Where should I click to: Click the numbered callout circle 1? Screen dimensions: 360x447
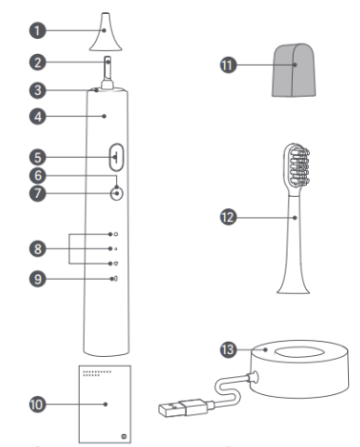(x=37, y=31)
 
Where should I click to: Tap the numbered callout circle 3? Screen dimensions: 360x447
(x=37, y=90)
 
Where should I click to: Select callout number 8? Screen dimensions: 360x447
(x=37, y=249)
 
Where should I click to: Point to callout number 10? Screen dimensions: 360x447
(x=37, y=404)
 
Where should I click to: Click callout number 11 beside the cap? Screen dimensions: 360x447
(x=228, y=65)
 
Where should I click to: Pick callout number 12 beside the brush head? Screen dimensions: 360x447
(x=228, y=217)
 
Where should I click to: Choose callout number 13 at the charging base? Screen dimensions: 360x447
(x=228, y=349)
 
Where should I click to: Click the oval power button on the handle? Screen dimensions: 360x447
(x=116, y=157)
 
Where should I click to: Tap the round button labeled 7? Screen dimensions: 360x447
(x=116, y=193)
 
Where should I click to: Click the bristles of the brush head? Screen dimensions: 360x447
(x=300, y=165)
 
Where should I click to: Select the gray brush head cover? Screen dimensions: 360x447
(x=294, y=70)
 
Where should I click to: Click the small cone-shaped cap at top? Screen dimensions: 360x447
(x=105, y=32)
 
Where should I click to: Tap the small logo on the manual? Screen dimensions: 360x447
(x=124, y=437)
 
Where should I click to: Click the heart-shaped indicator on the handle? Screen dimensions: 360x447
(x=116, y=264)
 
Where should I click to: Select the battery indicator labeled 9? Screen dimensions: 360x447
(x=115, y=279)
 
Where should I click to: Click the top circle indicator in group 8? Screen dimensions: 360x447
(x=116, y=234)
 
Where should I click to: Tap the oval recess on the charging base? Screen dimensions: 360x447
(x=300, y=352)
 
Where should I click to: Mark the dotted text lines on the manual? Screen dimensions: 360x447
(x=97, y=374)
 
